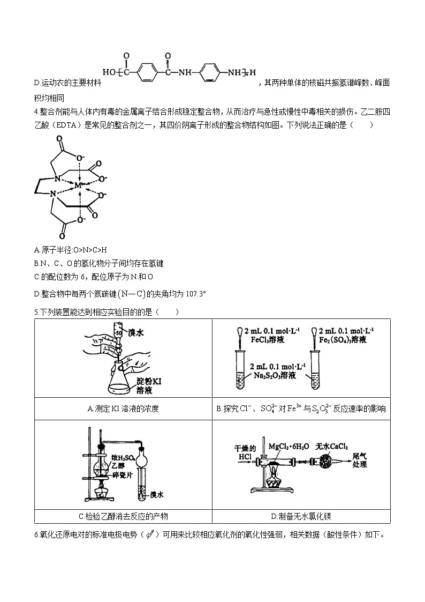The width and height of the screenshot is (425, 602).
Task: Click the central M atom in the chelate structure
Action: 78,185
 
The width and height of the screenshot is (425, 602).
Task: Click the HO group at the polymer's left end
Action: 109,71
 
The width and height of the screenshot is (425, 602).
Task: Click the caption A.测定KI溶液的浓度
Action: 123,409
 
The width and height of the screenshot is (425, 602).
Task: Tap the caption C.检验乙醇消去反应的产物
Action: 123,516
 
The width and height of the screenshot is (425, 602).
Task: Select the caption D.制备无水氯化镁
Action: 301,516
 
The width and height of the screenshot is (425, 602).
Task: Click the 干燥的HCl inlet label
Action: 245,452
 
